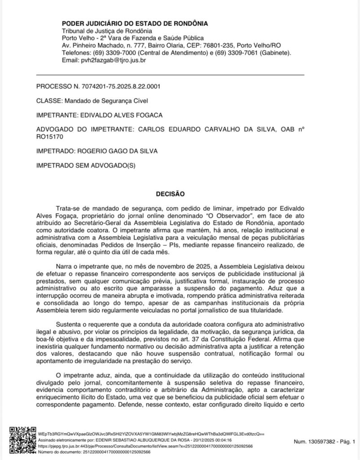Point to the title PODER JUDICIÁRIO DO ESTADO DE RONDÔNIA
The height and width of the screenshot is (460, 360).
(135, 23)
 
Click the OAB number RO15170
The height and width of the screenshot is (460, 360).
(49, 136)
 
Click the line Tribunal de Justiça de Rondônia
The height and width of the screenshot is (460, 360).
(100, 31)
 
